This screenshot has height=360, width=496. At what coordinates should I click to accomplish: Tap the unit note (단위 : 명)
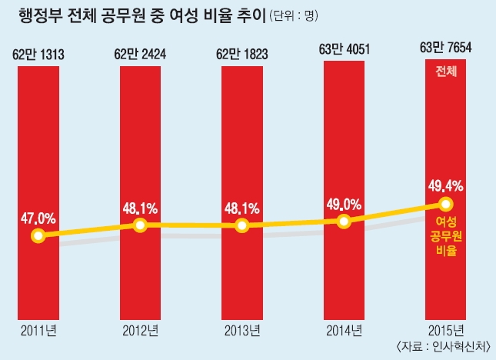(x=296, y=16)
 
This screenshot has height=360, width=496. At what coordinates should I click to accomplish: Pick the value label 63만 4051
(x=345, y=51)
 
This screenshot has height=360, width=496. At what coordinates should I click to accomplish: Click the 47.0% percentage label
(x=38, y=218)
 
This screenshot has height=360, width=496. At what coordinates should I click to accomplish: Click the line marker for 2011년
(x=38, y=235)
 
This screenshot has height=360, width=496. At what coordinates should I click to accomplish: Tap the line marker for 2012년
(x=140, y=225)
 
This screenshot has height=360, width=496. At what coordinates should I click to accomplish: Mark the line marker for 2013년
(x=242, y=225)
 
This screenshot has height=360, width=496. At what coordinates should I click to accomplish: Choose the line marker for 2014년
(x=344, y=221)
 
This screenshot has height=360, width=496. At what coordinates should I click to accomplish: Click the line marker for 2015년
(x=446, y=204)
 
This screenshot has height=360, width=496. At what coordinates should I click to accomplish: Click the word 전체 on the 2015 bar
(x=446, y=72)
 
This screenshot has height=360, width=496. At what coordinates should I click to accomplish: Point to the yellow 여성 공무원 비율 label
(x=446, y=235)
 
